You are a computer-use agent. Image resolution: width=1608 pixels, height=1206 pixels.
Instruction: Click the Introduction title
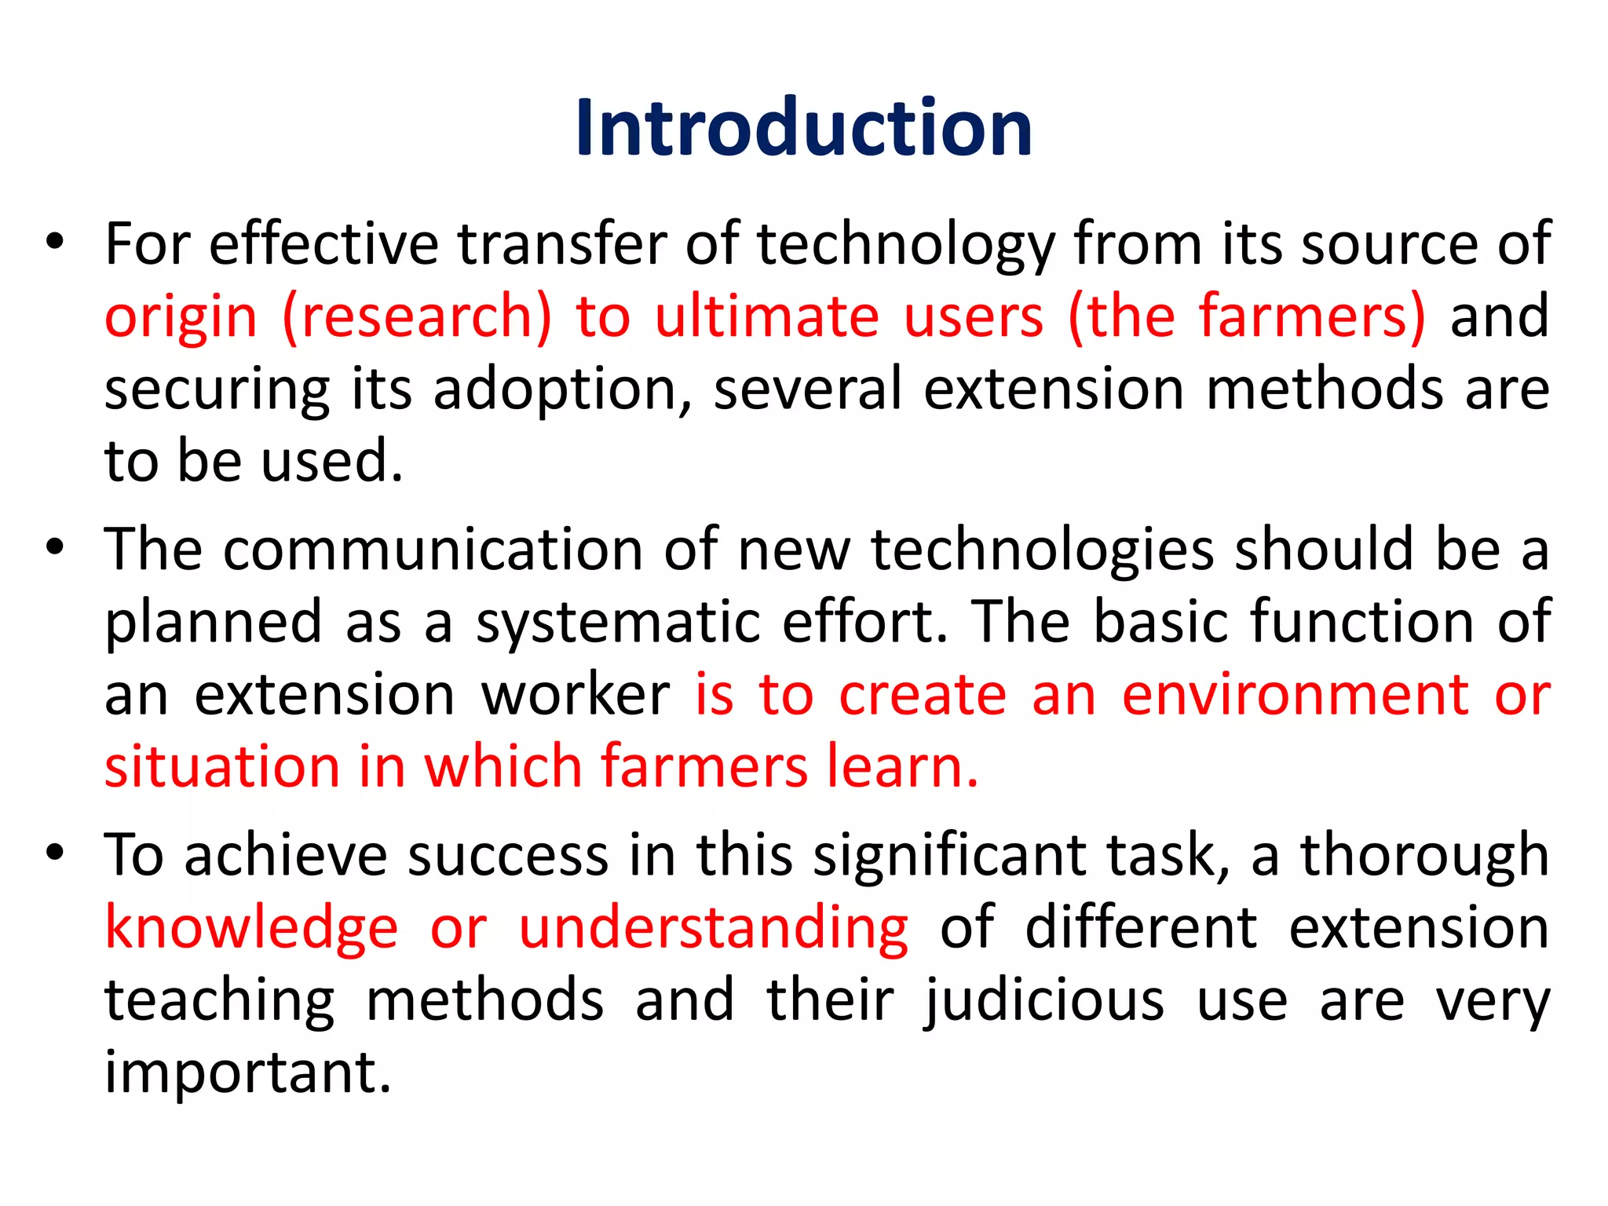[x=803, y=128]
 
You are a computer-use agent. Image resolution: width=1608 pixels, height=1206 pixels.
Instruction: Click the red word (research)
[x=417, y=316]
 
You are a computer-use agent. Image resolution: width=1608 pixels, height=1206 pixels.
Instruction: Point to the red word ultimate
[x=766, y=316]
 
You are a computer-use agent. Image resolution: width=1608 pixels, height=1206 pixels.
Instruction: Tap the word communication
[x=433, y=549]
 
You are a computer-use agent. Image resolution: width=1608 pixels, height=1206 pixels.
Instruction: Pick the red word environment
[x=1295, y=695]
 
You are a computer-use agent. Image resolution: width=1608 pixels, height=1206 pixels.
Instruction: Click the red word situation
[x=222, y=767]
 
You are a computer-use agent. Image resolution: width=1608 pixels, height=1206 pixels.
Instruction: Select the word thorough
[x=1424, y=855]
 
